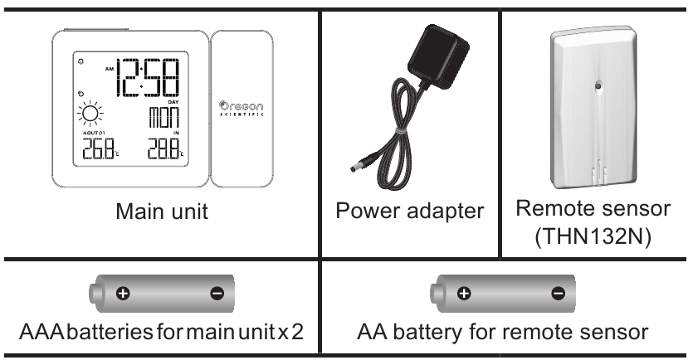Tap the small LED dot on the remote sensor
coord(594,85)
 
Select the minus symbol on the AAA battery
coord(217,293)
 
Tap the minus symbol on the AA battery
coord(557,293)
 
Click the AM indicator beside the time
coord(106,69)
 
